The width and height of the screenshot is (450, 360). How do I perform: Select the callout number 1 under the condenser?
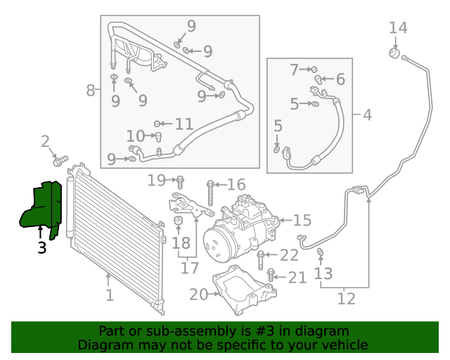coord(109,295)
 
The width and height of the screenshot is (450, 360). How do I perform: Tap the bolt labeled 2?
coord(60,160)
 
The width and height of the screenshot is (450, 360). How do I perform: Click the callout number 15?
coord(302,220)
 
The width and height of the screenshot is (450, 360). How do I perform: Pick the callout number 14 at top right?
coord(398,27)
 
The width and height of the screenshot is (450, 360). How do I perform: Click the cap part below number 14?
coord(395,53)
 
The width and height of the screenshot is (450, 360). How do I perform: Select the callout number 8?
coord(90,90)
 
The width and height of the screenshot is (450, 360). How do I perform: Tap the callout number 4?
coord(367,114)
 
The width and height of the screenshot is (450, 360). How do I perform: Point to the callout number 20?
coord(198,295)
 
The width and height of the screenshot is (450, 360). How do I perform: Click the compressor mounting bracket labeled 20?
coord(243,288)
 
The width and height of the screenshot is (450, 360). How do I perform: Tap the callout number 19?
coord(156,181)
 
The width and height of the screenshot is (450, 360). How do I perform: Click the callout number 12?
coord(346,299)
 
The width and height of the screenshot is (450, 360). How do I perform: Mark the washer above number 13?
coord(321,252)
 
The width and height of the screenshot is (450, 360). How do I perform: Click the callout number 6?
coord(340,79)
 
